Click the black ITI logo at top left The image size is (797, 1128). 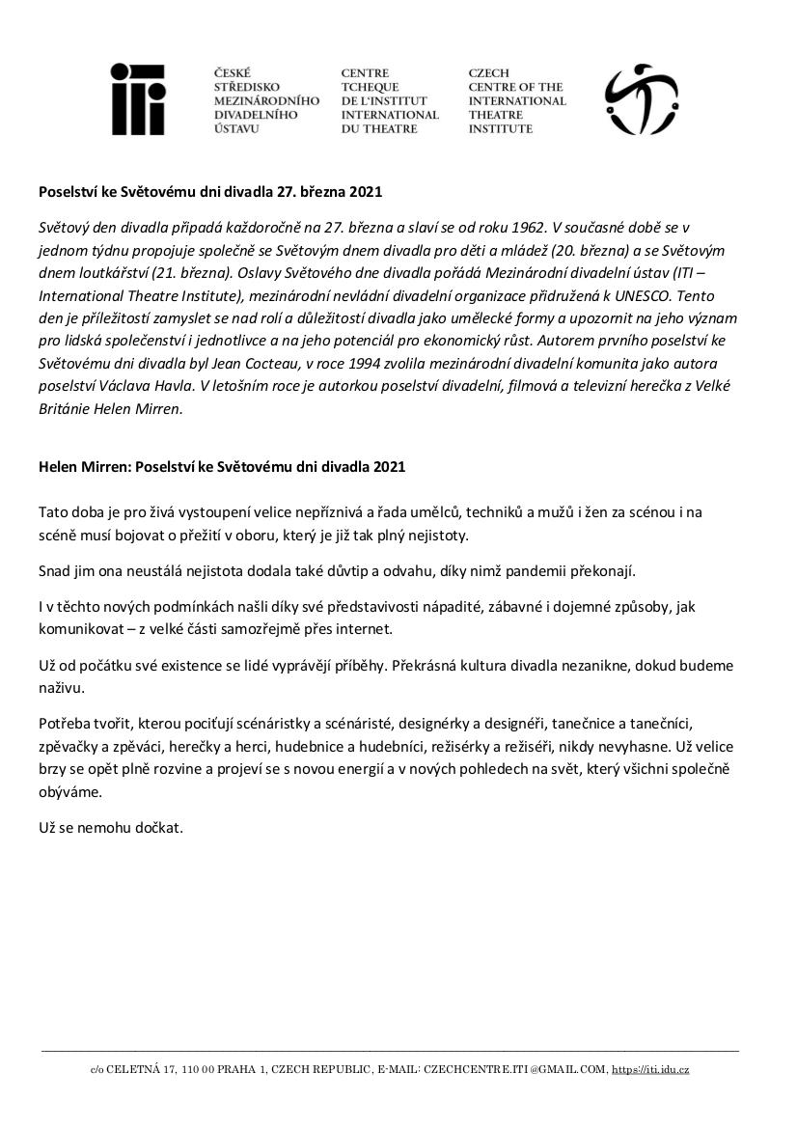[x=137, y=99]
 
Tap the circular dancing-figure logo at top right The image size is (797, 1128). [x=641, y=99]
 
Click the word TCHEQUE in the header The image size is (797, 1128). [x=363, y=87]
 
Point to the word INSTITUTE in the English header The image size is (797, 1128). [x=500, y=129]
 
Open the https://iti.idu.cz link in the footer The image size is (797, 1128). [x=651, y=1069]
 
